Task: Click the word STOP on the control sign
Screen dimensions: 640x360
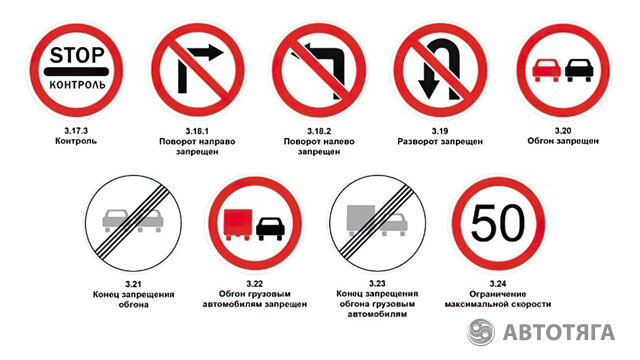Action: [77, 55]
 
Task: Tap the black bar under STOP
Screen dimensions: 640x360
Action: [76, 72]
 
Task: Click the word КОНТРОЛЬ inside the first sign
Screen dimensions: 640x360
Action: [77, 85]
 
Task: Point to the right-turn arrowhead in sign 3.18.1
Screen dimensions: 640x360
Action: [215, 52]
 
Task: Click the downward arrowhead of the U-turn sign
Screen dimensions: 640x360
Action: [429, 89]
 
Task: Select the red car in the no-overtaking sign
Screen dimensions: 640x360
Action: [546, 70]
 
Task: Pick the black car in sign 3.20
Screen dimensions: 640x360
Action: [579, 70]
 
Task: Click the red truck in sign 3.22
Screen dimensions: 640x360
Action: [238, 224]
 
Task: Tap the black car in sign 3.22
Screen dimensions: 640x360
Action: [270, 229]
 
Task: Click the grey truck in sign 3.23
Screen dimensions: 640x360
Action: [361, 220]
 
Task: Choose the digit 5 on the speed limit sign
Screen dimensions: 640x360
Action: [484, 223]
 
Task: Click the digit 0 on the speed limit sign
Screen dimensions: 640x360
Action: [512, 223]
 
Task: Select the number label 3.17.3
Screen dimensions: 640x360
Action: [76, 131]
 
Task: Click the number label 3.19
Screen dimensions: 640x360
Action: [440, 131]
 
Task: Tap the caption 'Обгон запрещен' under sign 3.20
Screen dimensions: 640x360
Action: [563, 141]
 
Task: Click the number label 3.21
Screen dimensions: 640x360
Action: [133, 284]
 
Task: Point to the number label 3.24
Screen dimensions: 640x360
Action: [498, 284]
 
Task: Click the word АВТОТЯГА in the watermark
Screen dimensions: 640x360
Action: [559, 332]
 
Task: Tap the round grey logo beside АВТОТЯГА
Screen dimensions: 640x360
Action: [481, 331]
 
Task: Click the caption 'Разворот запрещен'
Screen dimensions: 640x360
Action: [440, 142]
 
